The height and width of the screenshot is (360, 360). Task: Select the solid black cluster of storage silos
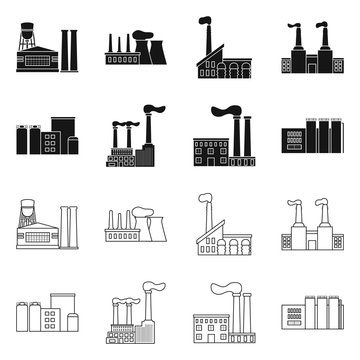42,141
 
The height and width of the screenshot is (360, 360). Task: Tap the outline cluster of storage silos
42,319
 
